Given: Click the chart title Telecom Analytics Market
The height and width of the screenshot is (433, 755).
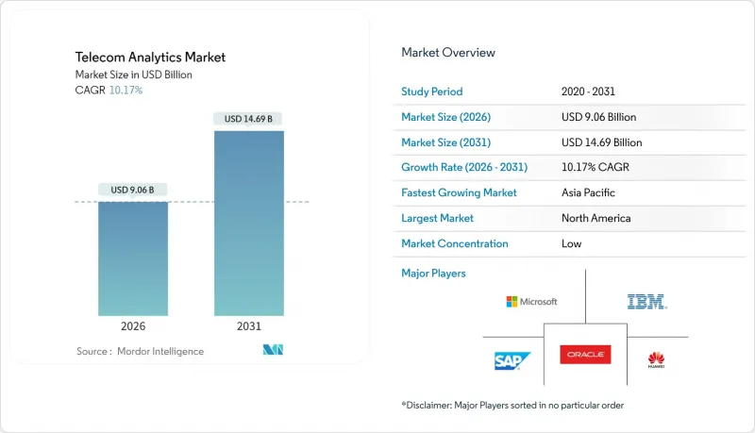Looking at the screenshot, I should (x=150, y=58).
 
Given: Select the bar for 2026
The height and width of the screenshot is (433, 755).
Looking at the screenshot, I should (x=133, y=258).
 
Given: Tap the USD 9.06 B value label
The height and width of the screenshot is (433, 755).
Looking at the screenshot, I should (x=133, y=190).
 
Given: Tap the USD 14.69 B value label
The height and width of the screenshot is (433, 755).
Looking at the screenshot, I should (x=249, y=119).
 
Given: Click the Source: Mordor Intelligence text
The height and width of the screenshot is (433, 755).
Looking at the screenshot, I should (x=140, y=351).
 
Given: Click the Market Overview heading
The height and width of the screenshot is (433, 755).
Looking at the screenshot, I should (x=448, y=52).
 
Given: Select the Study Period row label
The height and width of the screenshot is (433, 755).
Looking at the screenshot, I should (x=432, y=92).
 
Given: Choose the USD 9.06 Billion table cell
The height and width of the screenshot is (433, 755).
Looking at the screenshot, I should (x=598, y=117).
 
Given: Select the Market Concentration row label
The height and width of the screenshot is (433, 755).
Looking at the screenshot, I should (x=455, y=243).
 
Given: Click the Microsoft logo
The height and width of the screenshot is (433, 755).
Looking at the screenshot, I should (x=531, y=302).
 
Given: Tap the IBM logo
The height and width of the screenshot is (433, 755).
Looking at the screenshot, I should (x=646, y=302).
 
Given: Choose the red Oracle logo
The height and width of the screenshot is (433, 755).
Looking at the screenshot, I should (x=584, y=355).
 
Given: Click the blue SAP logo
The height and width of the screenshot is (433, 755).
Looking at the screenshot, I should (x=512, y=360).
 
